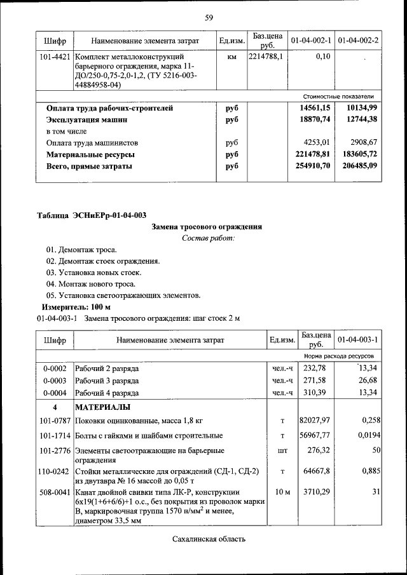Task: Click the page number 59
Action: pos(208,17)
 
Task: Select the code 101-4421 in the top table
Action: pos(54,57)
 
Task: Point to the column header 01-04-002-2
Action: pos(358,41)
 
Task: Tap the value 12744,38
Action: pos(360,119)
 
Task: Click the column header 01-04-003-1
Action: pos(358,340)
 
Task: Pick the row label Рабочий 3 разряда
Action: pos(107,380)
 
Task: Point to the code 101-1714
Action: pos(54,435)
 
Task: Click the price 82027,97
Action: pos(315,420)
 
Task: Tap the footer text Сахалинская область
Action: pos(208,539)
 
